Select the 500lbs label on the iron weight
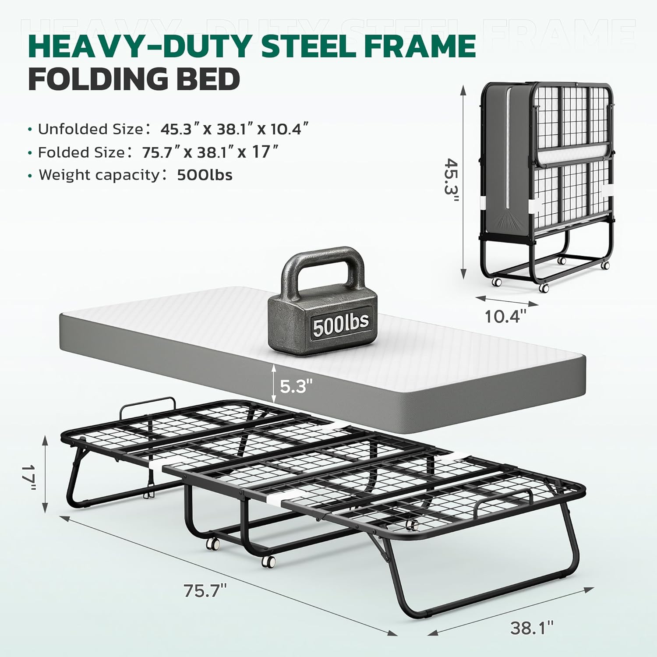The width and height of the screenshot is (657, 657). point(340,324)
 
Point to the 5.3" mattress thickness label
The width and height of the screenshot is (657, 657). point(297,386)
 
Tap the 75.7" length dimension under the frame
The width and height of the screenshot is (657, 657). point(205,591)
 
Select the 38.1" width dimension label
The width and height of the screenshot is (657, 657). point(532,628)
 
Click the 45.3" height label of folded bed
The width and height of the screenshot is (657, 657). point(451,180)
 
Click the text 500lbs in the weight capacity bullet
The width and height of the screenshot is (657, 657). point(205,175)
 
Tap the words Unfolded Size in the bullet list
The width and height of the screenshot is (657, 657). point(90,129)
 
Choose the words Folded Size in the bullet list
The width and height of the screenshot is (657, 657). point(81,152)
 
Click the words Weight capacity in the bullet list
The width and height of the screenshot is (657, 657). point(100,175)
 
